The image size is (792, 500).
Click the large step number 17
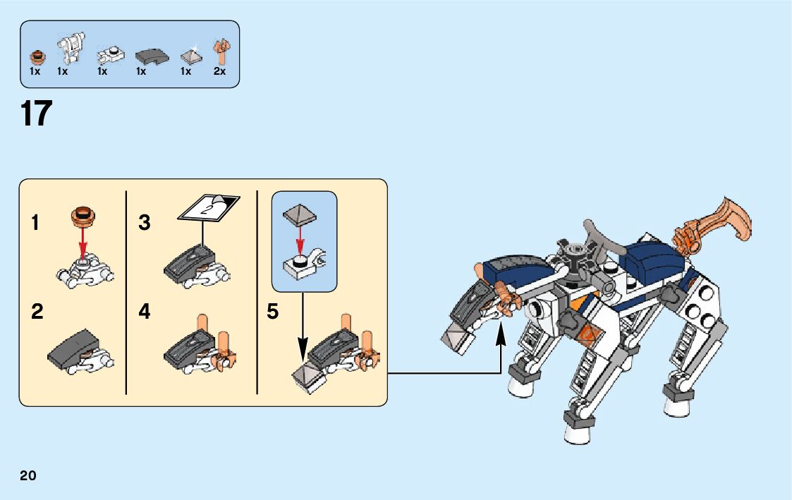[37, 114]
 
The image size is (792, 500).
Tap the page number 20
[28, 475]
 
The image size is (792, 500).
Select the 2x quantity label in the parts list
[219, 71]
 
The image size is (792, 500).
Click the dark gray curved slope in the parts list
[150, 55]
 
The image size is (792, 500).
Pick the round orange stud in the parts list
[36, 56]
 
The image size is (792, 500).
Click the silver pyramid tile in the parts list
[189, 56]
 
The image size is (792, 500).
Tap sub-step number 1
[35, 224]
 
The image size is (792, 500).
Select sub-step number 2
[37, 312]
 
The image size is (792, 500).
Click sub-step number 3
[145, 224]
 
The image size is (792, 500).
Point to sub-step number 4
[145, 312]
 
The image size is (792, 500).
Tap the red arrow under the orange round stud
[83, 246]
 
